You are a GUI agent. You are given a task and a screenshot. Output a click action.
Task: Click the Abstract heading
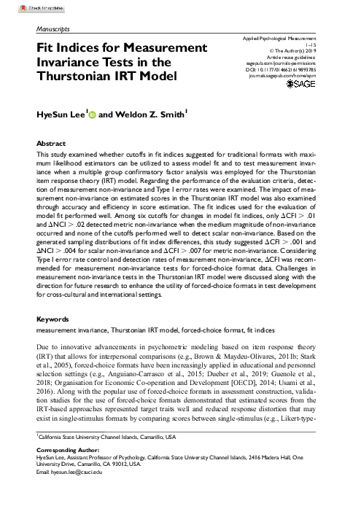(52, 144)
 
